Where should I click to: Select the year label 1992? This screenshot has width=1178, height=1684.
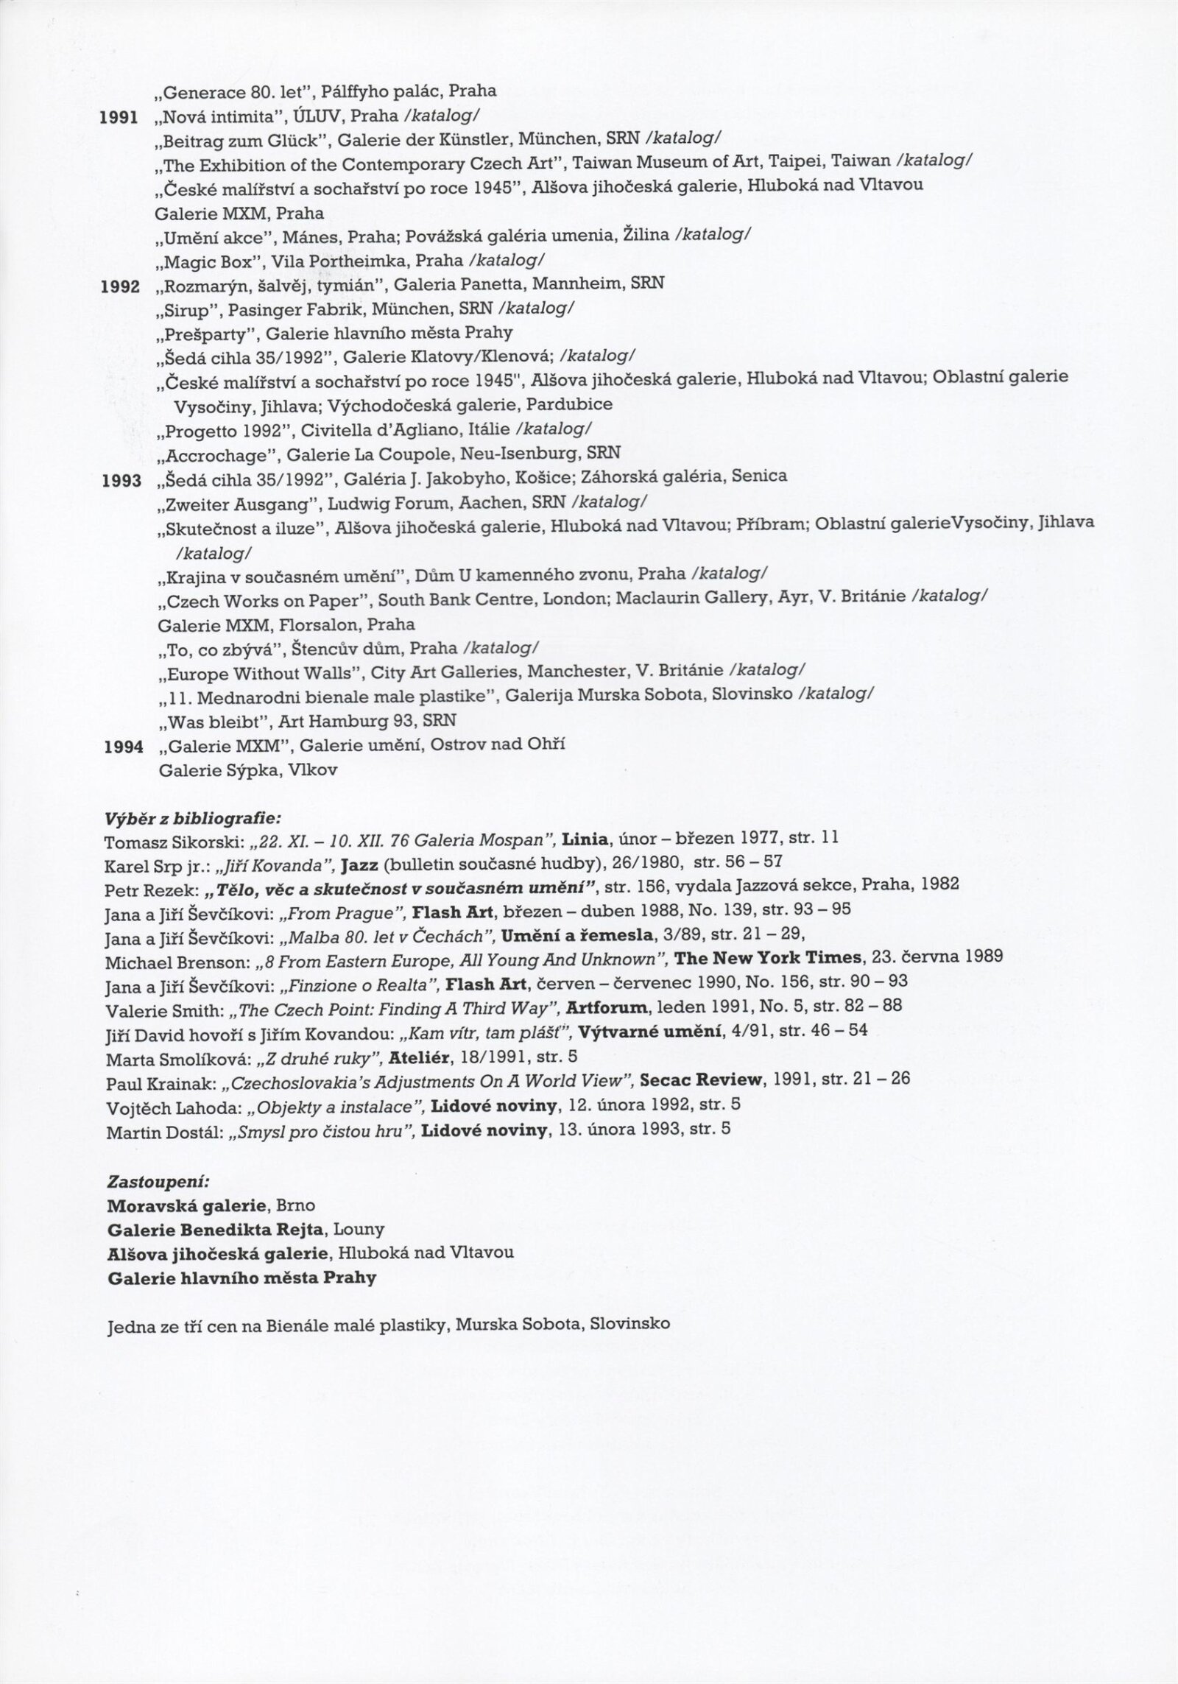tap(120, 286)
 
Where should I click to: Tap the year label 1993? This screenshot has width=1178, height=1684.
tap(120, 480)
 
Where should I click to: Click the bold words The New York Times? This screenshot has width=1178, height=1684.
tap(768, 957)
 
